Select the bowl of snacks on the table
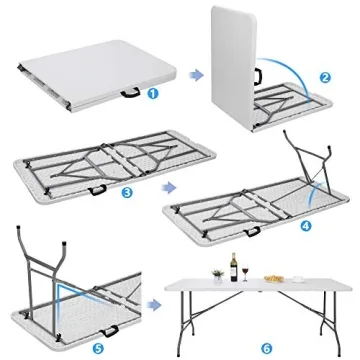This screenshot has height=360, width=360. point(271,277)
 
